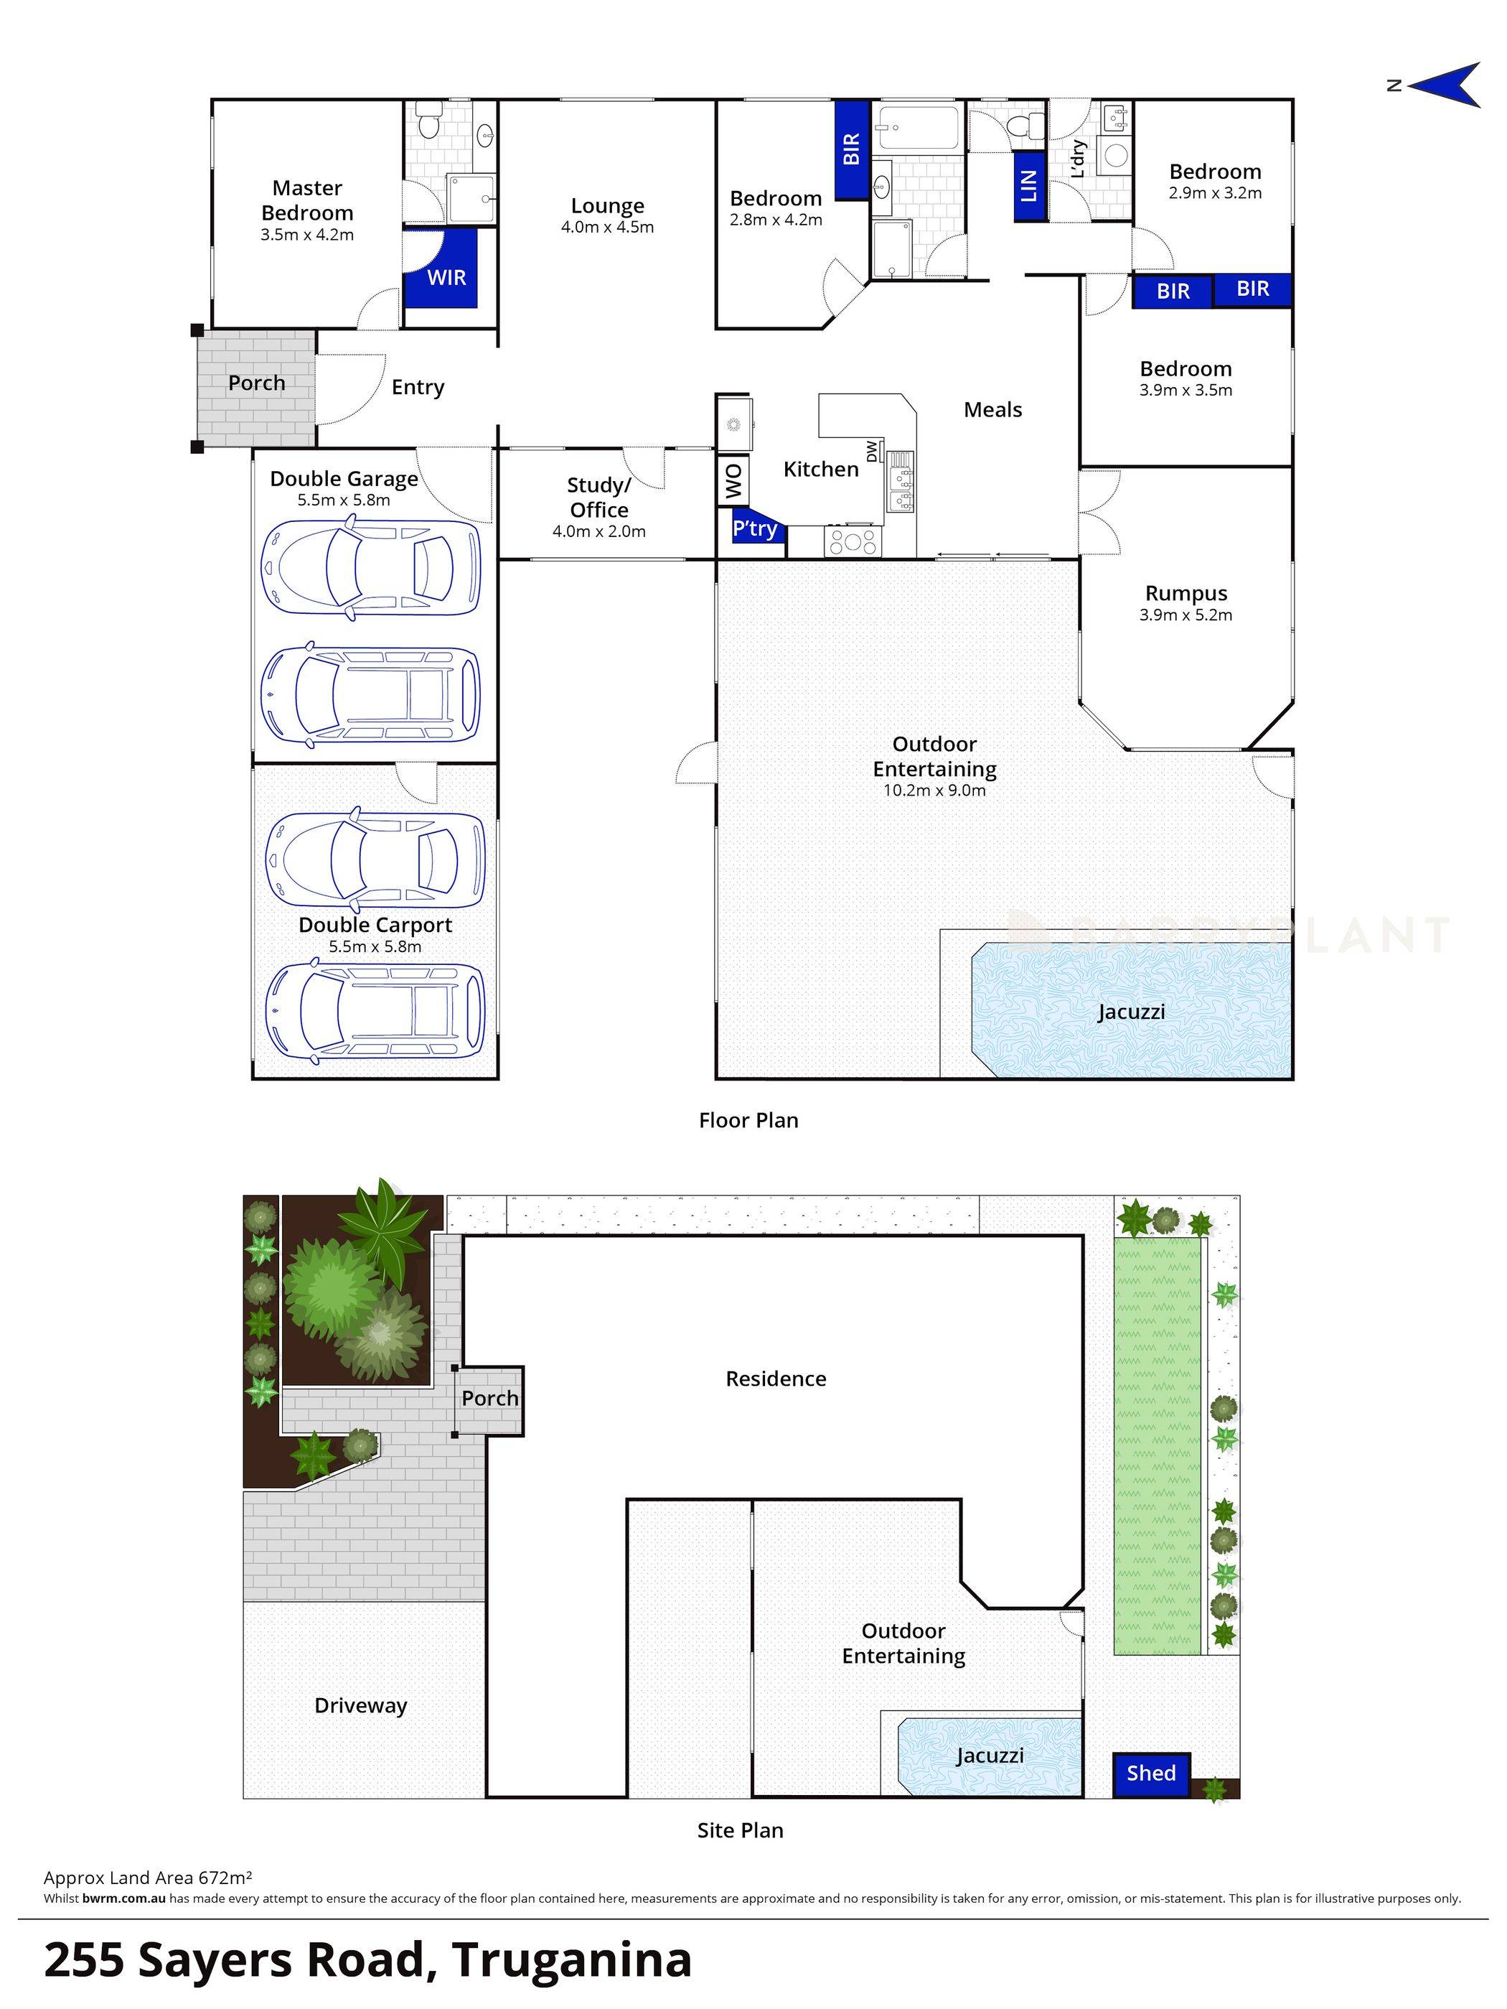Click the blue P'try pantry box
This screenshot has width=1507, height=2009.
pos(756,528)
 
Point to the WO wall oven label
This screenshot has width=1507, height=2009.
pos(733,480)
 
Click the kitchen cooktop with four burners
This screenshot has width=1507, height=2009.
pos(853,542)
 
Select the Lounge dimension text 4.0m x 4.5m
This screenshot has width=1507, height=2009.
pos(607,227)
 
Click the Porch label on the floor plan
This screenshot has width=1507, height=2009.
pos(256,383)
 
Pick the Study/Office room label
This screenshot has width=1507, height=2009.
pos(599,497)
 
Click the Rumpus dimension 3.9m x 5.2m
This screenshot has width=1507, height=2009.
pos(1186,615)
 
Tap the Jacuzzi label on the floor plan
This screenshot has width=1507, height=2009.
pos(1130,1011)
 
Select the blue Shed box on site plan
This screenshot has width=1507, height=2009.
pos(1151,1772)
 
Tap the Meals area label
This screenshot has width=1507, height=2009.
pos(992,409)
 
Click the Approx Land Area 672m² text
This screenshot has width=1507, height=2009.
pos(148,1878)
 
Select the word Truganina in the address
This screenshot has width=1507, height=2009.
pos(572,1960)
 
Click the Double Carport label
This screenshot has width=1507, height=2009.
pos(375,925)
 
